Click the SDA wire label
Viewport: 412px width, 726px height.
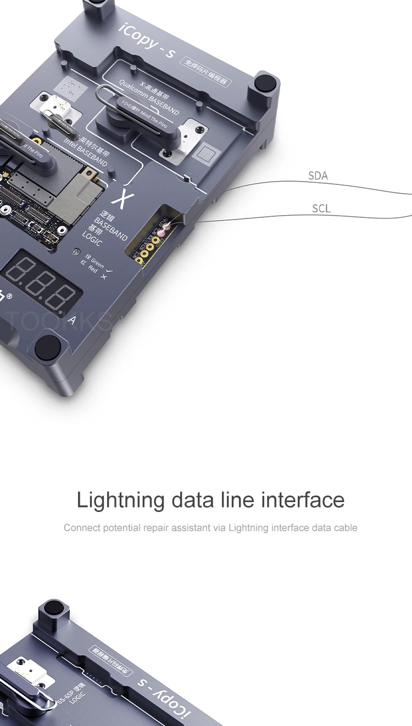[x=318, y=176]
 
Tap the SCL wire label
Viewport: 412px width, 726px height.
[x=321, y=209]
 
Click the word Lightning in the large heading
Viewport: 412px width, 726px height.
[x=120, y=500]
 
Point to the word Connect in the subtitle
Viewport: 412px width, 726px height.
[x=81, y=528]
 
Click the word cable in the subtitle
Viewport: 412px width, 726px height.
[x=345, y=528]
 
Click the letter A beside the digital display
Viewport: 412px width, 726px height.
[x=72, y=320]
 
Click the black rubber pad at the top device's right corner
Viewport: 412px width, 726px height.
[x=265, y=85]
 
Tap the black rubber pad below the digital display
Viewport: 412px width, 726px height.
[x=48, y=347]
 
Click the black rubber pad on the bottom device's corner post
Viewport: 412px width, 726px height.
[x=53, y=609]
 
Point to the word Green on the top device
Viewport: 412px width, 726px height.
[x=97, y=262]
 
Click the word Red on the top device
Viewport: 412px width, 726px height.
[x=93, y=269]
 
